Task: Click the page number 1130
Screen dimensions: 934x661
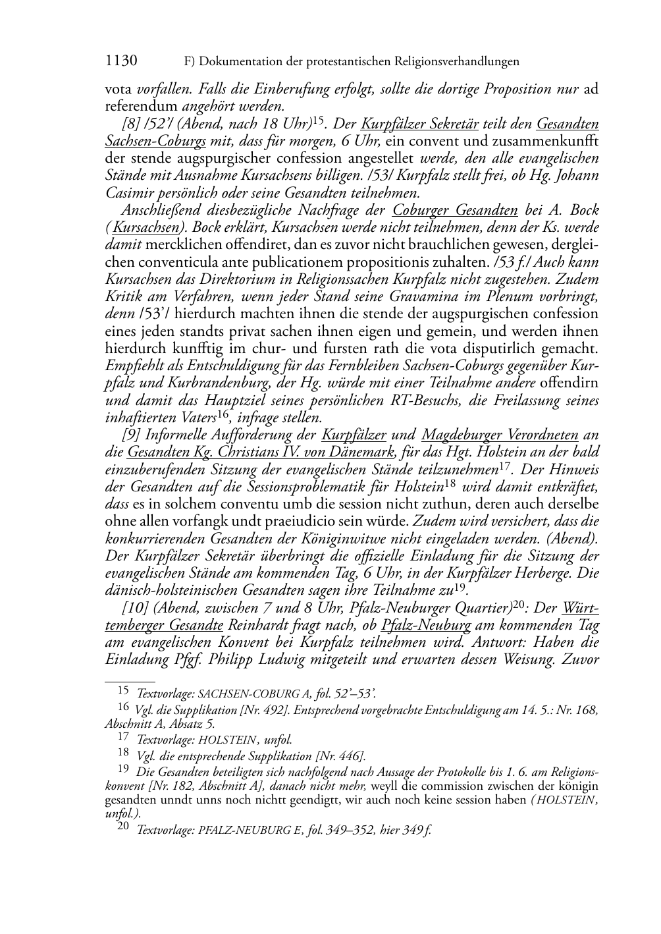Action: point(121,61)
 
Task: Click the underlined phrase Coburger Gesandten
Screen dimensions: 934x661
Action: point(455,210)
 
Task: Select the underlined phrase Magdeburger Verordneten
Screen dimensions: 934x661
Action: point(500,435)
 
